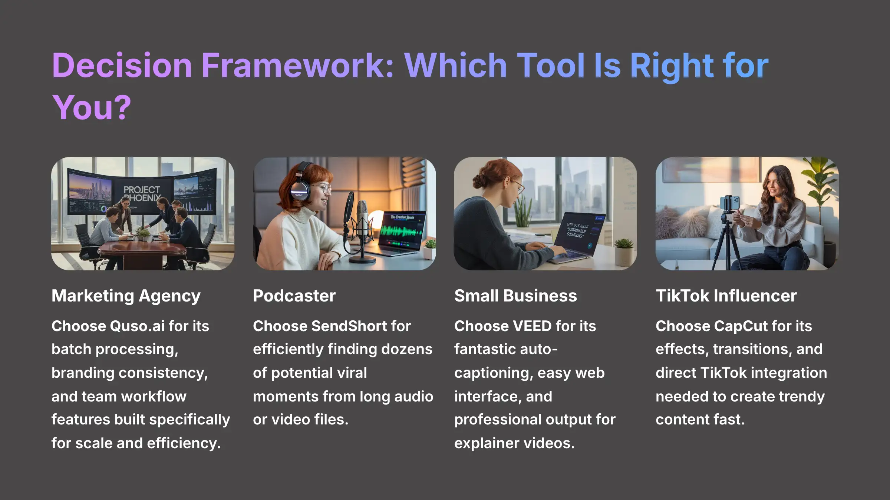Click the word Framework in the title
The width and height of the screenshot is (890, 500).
coord(297,66)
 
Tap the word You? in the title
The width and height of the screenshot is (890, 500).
coord(92,108)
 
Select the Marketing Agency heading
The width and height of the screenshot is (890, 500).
coord(126,296)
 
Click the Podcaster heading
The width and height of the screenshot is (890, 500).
coord(294,296)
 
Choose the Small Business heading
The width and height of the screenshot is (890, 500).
coord(515,296)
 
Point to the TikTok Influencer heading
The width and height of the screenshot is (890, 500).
coord(726,296)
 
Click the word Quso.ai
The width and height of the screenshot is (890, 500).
coord(137,326)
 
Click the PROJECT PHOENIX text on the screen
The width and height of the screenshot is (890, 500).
coord(142,194)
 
